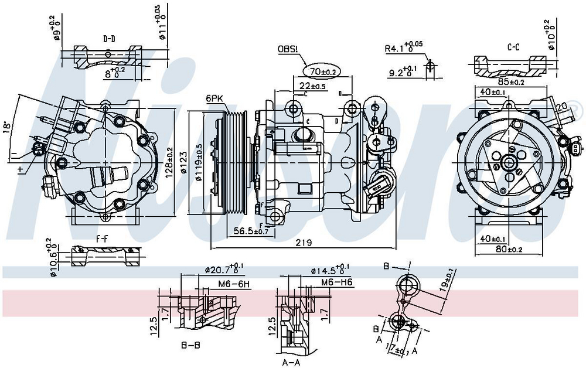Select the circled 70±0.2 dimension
[322, 71]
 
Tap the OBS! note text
[288, 49]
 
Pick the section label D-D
[109, 39]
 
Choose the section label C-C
[514, 46]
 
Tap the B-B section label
[190, 345]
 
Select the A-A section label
[292, 362]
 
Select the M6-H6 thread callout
[336, 283]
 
